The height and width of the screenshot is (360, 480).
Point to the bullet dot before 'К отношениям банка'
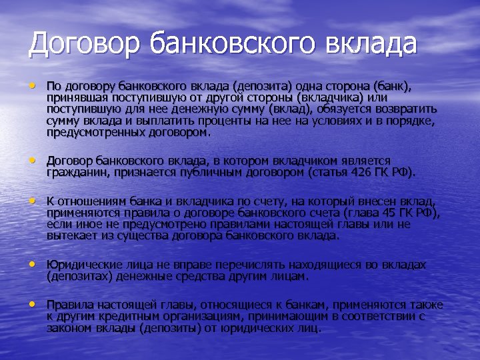tap(31, 200)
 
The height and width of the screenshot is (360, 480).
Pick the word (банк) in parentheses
tap(392, 87)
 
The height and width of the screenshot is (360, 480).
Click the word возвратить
tap(405, 109)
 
